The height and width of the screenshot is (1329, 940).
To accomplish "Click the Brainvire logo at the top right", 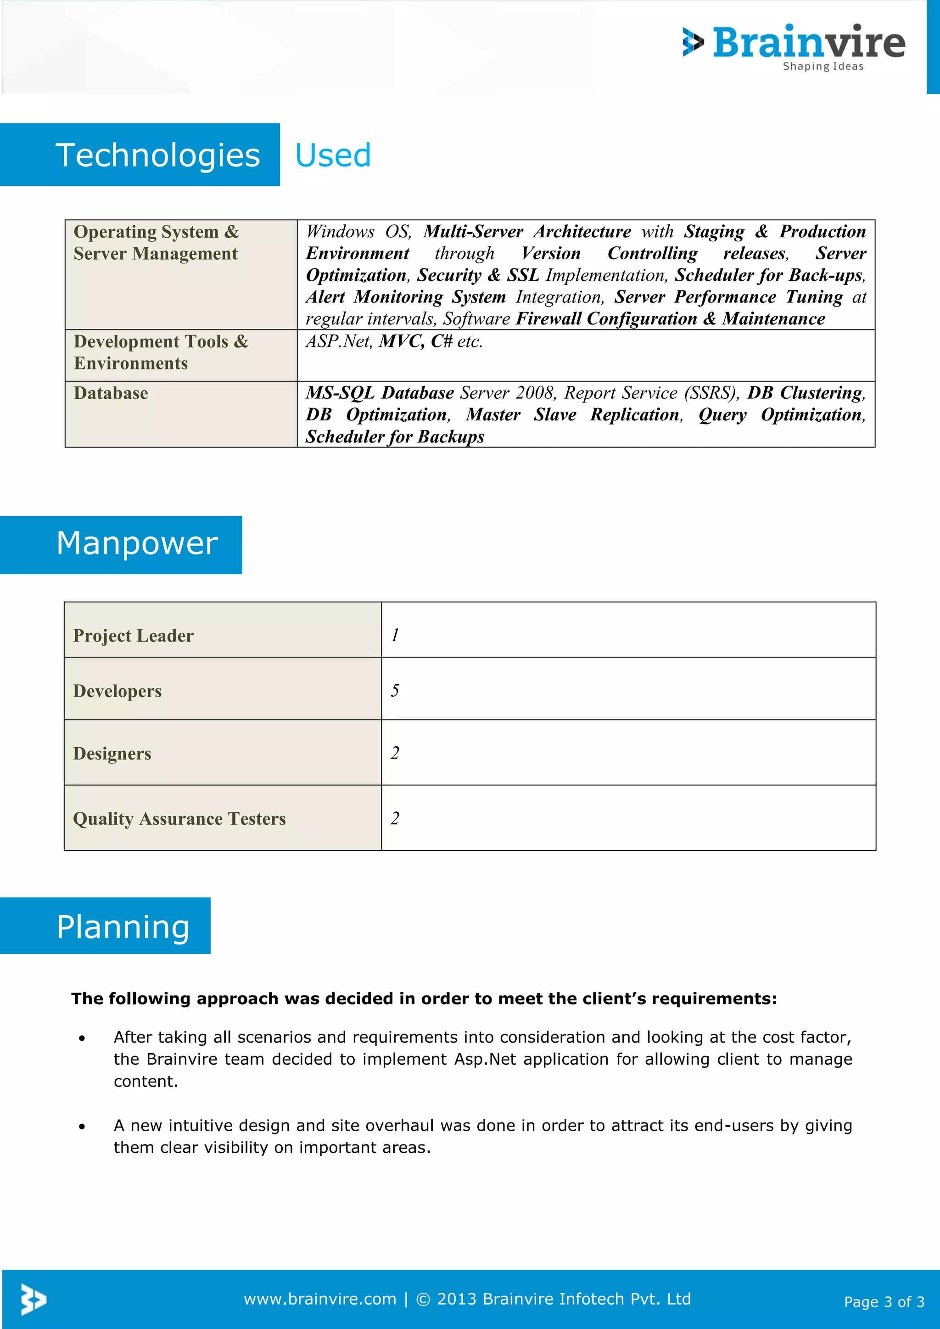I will (x=794, y=46).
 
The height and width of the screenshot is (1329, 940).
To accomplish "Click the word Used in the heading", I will (x=333, y=155).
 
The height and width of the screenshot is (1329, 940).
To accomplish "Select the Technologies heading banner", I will (x=157, y=155).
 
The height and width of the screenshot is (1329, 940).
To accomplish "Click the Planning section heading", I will (x=123, y=927).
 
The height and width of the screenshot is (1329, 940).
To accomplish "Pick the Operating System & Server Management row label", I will (x=156, y=242).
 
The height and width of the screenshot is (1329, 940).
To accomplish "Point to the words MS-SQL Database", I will (x=380, y=392).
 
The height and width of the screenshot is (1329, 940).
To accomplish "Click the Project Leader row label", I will (x=133, y=636).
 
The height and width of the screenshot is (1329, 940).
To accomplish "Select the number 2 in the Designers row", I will (x=395, y=753).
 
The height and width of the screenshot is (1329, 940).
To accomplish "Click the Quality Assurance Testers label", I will (x=179, y=819).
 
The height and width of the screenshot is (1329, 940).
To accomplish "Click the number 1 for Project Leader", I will (x=395, y=635).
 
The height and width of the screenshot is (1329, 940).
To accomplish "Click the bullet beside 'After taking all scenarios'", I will (x=82, y=1039).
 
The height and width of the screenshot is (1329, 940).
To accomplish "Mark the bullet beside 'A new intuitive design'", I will (x=82, y=1127).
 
